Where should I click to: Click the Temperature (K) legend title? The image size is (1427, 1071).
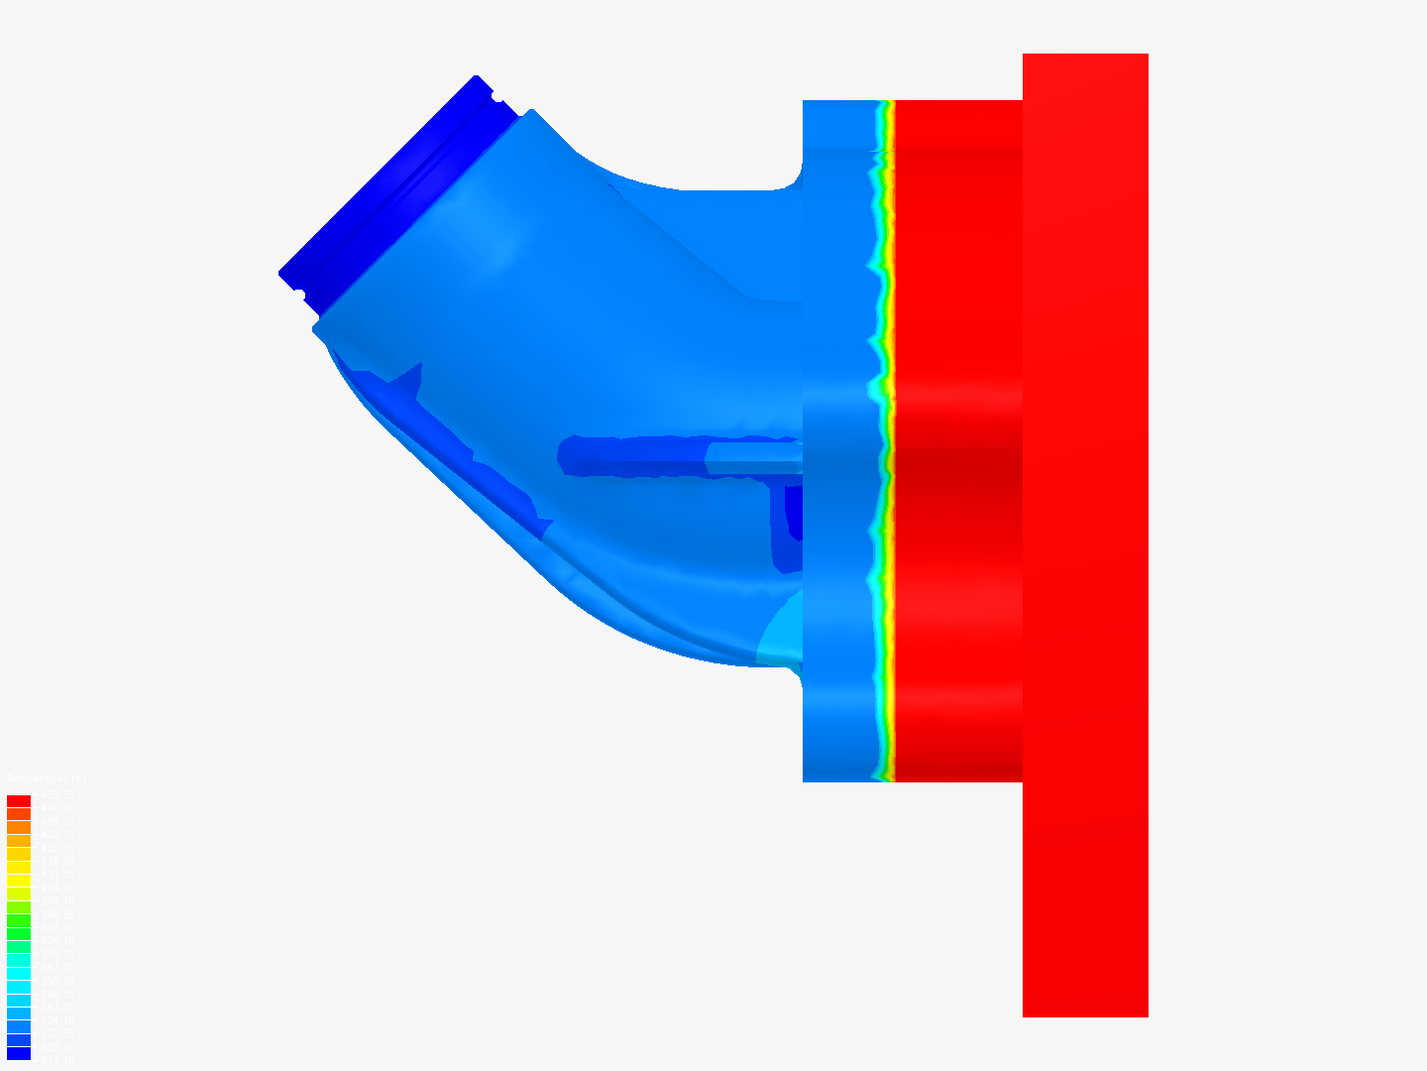point(46,779)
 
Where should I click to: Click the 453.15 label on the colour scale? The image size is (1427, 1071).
point(57,795)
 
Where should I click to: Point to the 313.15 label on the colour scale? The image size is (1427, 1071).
point(57,1060)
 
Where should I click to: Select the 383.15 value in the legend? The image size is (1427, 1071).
point(57,927)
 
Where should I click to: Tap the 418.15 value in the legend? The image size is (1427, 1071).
point(57,861)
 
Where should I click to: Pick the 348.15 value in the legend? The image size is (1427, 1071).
point(57,994)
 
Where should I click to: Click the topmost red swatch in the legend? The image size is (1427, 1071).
point(19,800)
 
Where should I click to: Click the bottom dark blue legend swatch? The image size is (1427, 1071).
point(19,1053)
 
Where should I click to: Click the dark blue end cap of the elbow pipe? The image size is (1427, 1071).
point(396,178)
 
